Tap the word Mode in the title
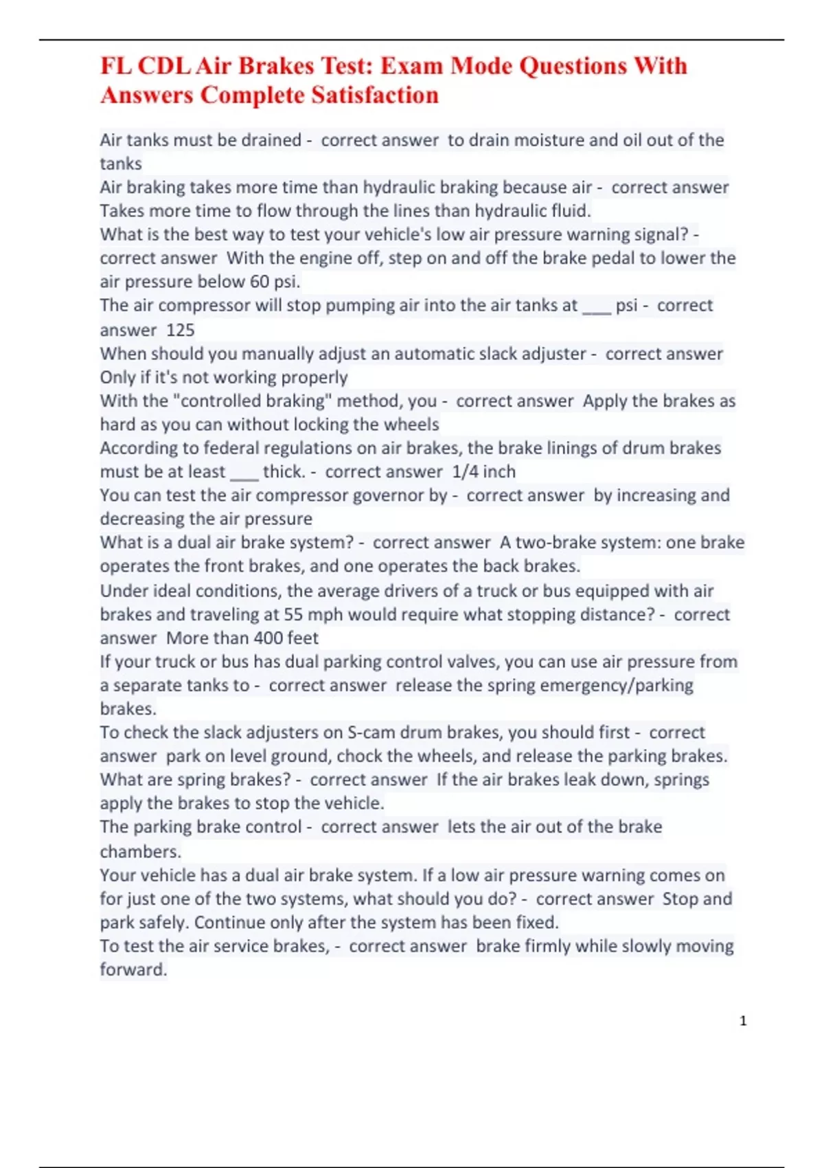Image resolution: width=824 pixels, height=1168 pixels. click(481, 66)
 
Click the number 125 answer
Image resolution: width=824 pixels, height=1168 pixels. click(181, 330)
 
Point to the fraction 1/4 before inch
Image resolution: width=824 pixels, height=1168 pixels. click(465, 472)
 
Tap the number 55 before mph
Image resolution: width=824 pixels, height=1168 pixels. click(294, 614)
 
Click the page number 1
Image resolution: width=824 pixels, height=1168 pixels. click(743, 1021)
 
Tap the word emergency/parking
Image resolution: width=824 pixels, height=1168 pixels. click(599, 686)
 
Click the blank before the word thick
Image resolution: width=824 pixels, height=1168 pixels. click(244, 472)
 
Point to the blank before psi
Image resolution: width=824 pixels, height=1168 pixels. click(596, 306)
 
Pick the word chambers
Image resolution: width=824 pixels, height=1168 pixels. click(141, 852)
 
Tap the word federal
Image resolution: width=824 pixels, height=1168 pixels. click(235, 448)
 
